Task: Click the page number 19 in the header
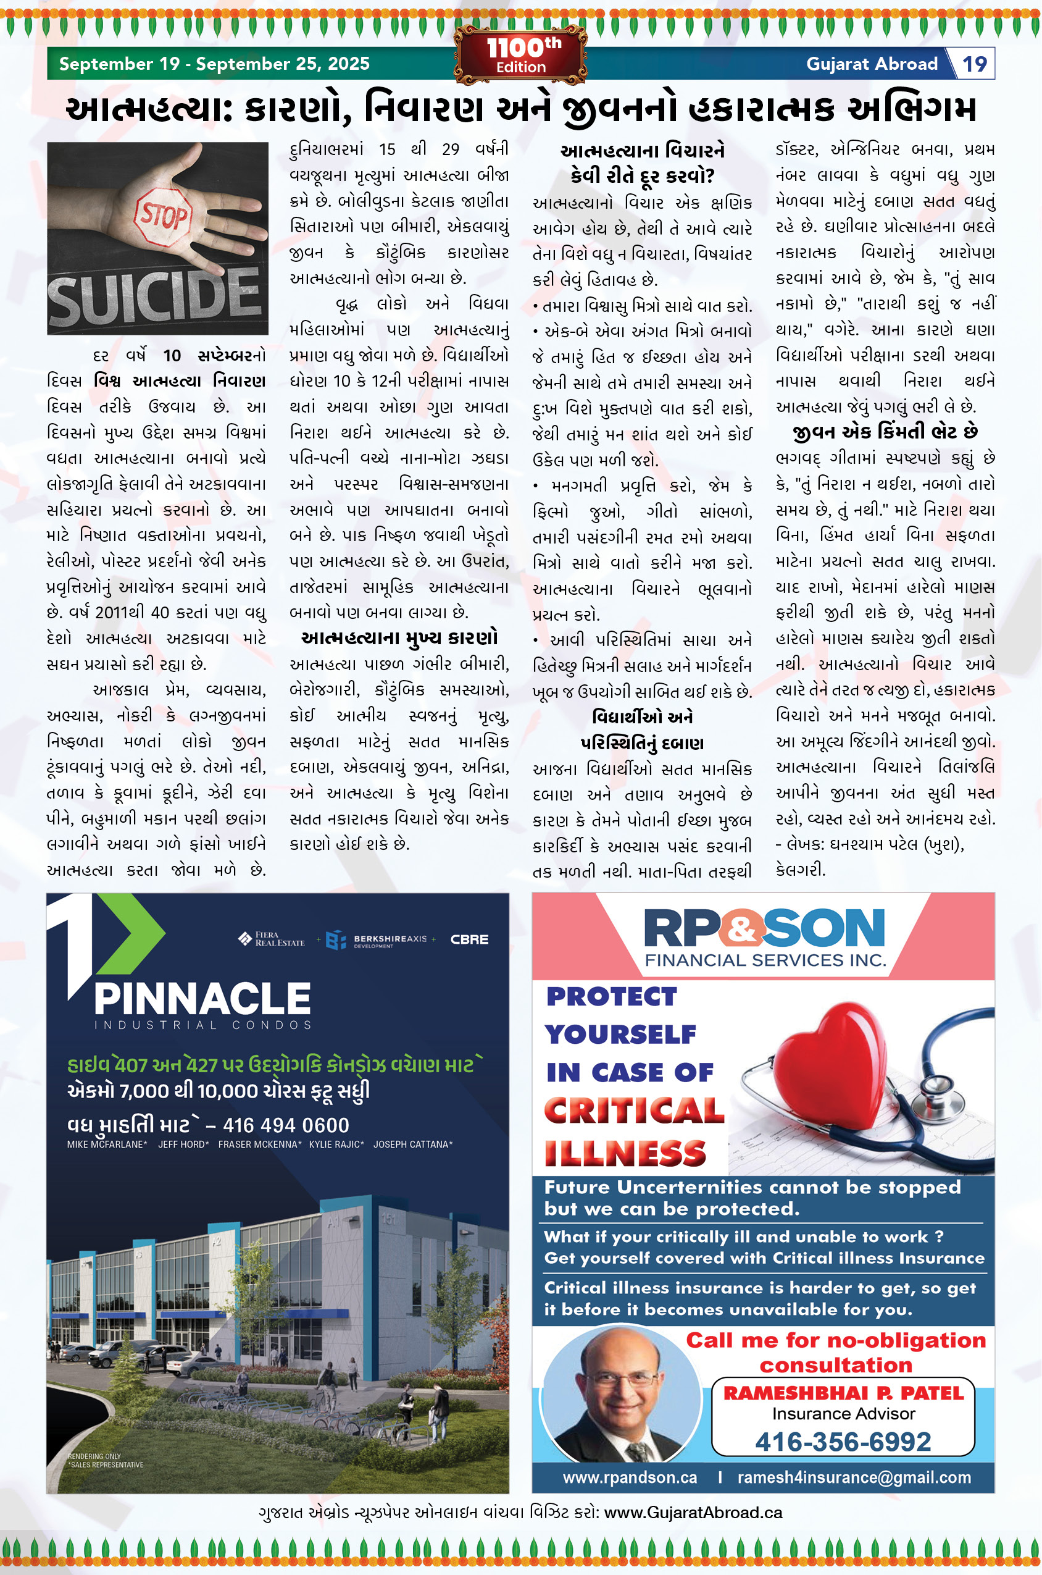click(x=974, y=64)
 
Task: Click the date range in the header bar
click(x=214, y=64)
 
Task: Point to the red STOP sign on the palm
click(x=162, y=216)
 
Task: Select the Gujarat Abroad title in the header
click(x=871, y=64)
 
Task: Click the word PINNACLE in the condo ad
click(x=202, y=999)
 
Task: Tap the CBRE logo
click(x=469, y=939)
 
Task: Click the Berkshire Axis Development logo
click(x=377, y=940)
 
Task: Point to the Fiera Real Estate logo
click(x=272, y=939)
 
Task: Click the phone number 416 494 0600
click(x=286, y=1125)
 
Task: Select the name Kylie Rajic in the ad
click(x=336, y=1144)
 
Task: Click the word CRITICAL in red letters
click(x=634, y=1111)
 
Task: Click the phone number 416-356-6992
click(x=843, y=1442)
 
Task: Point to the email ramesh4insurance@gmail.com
click(x=854, y=1477)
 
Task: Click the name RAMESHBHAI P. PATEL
click(x=843, y=1393)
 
